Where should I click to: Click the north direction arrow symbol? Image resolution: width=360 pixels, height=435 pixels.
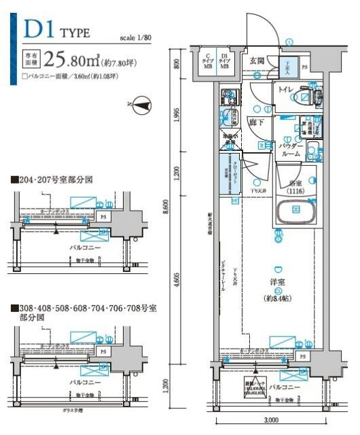point(142,105)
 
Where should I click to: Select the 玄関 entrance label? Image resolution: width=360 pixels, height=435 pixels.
point(257,60)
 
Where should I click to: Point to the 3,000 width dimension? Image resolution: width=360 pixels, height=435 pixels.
point(273,420)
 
